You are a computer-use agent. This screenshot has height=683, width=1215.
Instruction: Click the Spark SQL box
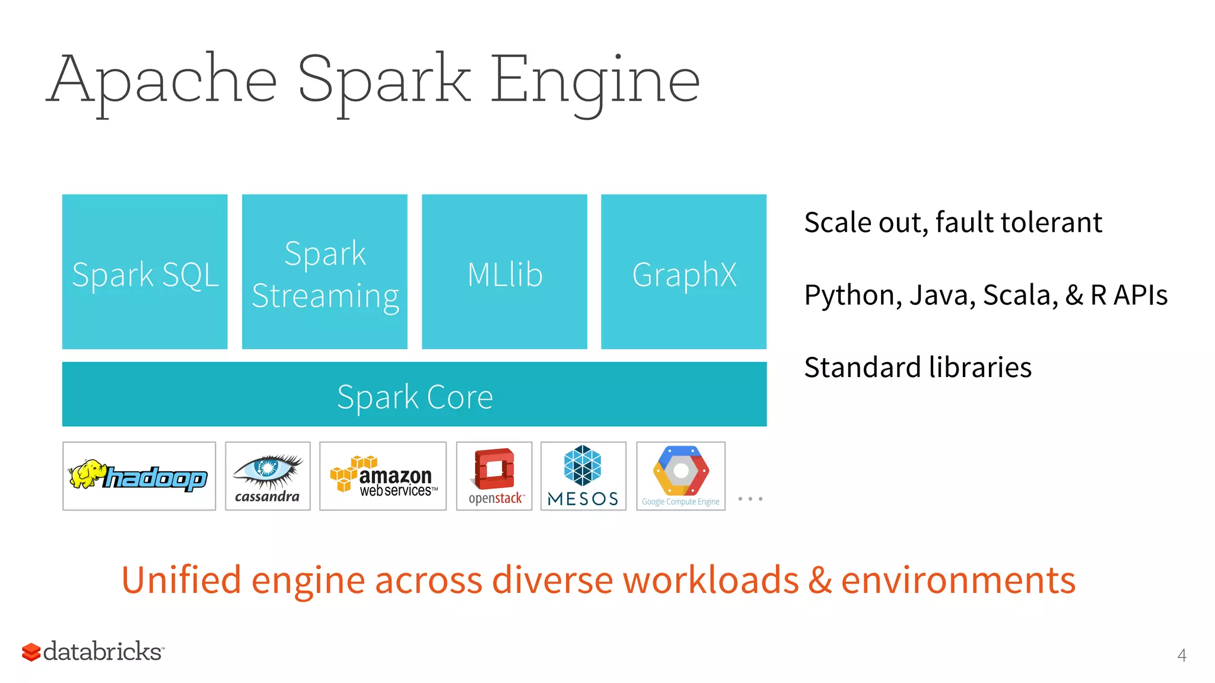[x=145, y=272]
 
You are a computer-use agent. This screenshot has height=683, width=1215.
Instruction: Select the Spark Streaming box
[x=325, y=272]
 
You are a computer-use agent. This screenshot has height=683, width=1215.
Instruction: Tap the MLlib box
[x=504, y=272]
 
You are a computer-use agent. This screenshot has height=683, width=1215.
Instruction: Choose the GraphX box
[x=683, y=272]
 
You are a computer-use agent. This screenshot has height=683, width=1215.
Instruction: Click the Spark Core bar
[x=414, y=394]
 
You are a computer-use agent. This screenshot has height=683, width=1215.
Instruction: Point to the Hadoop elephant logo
[x=139, y=475]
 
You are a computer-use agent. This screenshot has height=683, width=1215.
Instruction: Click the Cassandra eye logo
[x=268, y=475]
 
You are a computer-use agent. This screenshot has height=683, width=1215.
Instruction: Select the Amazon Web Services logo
[x=383, y=475]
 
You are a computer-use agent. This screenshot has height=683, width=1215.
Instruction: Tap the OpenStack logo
[x=494, y=475]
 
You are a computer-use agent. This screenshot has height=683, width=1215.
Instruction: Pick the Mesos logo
[x=583, y=475]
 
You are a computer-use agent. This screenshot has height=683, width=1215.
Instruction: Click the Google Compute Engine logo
[x=680, y=475]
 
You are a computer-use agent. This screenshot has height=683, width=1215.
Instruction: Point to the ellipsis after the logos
[x=750, y=499]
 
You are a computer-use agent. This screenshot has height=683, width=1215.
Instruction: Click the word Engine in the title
[x=595, y=80]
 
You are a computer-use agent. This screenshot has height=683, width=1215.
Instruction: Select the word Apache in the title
[x=162, y=80]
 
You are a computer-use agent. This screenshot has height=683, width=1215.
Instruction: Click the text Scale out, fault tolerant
[x=953, y=223]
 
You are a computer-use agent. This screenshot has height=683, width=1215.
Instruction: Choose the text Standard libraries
[x=918, y=368]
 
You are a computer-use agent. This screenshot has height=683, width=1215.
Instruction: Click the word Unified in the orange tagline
[x=181, y=580]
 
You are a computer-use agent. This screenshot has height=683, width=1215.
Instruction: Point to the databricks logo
[x=93, y=652]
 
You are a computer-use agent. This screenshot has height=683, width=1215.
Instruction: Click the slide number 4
[x=1181, y=655]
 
